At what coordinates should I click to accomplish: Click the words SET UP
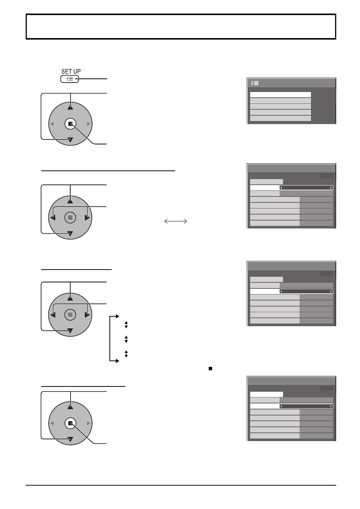click(x=71, y=71)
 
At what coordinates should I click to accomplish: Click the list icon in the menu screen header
click(x=255, y=83)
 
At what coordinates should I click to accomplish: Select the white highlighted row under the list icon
click(x=280, y=95)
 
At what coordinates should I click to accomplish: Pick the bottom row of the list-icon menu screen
click(x=280, y=118)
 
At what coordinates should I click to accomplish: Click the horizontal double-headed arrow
click(x=175, y=221)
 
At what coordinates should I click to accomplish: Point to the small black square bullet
click(x=210, y=369)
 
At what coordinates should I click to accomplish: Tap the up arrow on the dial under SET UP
click(x=70, y=107)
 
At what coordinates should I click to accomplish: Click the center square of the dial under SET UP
click(x=70, y=124)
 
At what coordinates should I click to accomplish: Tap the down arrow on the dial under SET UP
click(x=70, y=140)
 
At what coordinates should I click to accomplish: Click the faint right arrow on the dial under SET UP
click(x=88, y=124)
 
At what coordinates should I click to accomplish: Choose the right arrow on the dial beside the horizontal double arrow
click(x=87, y=218)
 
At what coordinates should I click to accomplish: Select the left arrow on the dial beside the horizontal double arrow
click(x=53, y=218)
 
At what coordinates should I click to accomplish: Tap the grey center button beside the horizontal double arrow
click(x=70, y=218)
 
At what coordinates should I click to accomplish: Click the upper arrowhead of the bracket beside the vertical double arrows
click(x=117, y=316)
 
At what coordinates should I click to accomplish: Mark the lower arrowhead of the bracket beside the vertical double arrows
click(x=117, y=361)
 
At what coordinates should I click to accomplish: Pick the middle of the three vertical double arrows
click(x=126, y=339)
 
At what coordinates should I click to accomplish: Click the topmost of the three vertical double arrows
click(x=126, y=325)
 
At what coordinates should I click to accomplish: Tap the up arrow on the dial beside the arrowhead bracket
click(x=70, y=298)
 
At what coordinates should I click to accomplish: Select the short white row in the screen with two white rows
click(x=266, y=394)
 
